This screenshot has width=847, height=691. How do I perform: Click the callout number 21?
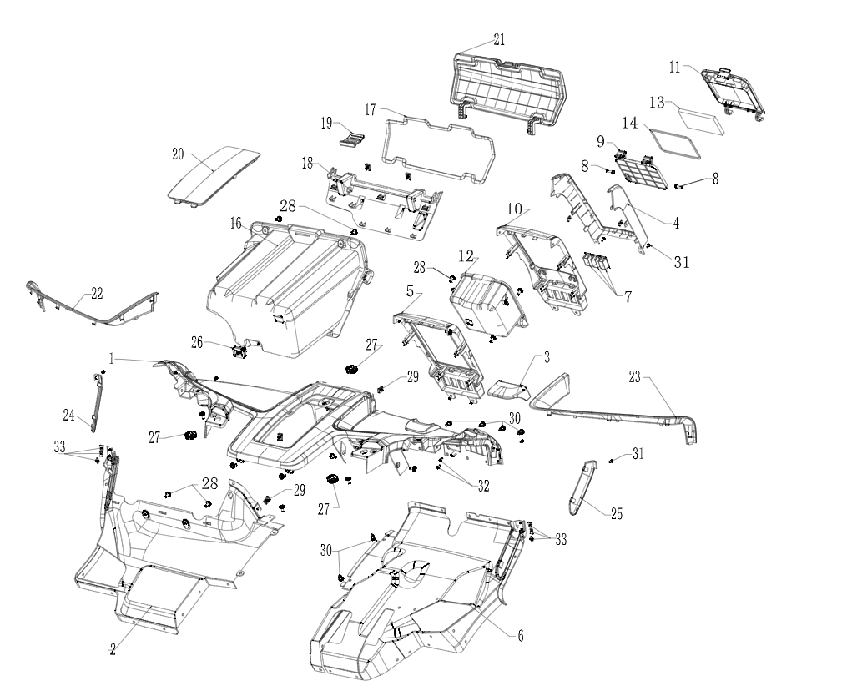click(499, 40)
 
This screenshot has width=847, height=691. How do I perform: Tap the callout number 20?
click(178, 154)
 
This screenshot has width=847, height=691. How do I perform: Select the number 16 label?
click(236, 224)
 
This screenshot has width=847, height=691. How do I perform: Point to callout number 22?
click(97, 293)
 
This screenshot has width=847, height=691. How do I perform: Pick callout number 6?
click(521, 636)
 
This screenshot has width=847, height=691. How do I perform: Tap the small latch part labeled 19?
click(355, 139)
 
